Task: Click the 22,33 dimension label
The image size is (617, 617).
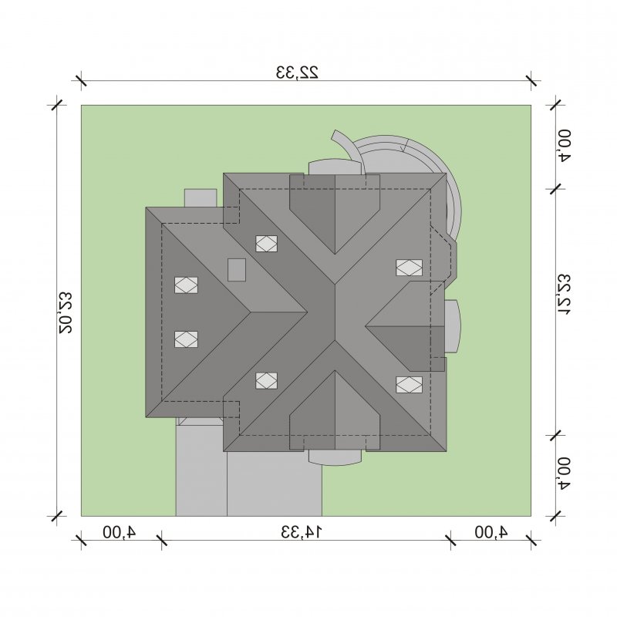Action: [297, 72]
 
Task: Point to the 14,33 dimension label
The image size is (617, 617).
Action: [302, 532]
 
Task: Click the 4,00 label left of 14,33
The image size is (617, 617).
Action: [120, 532]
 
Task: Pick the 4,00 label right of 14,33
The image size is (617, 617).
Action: [491, 532]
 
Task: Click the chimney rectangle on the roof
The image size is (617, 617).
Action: [237, 269]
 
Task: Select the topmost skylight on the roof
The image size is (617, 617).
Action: [266, 244]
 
